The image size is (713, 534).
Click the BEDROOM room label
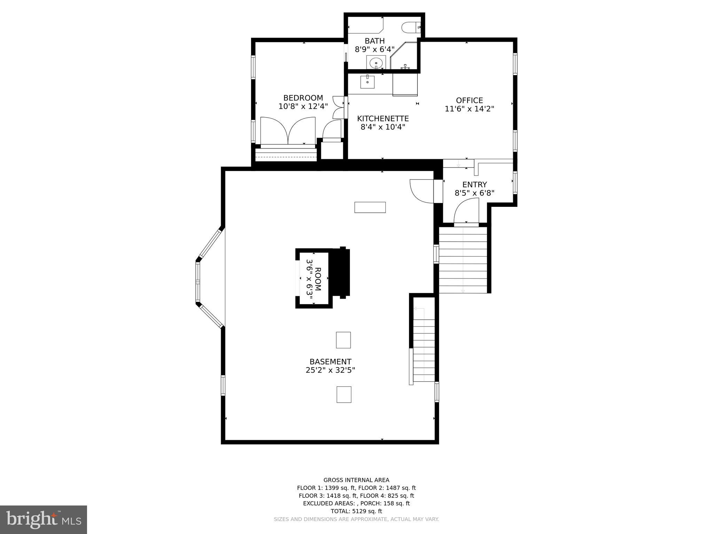click(x=303, y=98)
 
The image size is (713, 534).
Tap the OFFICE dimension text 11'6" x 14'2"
click(x=469, y=109)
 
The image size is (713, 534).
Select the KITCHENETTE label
click(x=383, y=119)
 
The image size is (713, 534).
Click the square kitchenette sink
click(x=367, y=82)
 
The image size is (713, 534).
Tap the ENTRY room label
click(x=474, y=185)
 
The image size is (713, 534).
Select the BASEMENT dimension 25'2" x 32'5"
click(x=330, y=370)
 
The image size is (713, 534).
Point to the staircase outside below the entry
click(x=463, y=260)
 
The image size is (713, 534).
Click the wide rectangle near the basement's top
click(x=370, y=207)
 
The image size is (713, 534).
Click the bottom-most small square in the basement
click(x=344, y=394)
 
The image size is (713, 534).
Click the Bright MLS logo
click(x=44, y=519)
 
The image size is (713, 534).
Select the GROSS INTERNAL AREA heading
click(x=356, y=480)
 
